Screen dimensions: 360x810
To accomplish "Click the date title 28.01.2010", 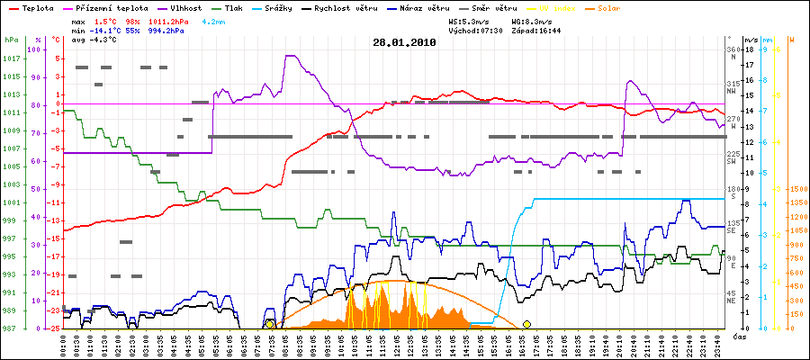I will pyautogui.click(x=404, y=42).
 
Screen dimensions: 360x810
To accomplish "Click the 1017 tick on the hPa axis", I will pyautogui.click(x=11, y=58).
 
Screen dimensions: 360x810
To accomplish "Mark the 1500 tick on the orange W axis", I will pyautogui.click(x=796, y=189).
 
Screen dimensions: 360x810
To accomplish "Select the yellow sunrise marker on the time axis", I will pyautogui.click(x=270, y=324).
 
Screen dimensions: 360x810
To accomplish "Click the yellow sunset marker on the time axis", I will pyautogui.click(x=526, y=324).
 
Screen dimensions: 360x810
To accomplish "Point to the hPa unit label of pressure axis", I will pyautogui.click(x=11, y=40).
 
